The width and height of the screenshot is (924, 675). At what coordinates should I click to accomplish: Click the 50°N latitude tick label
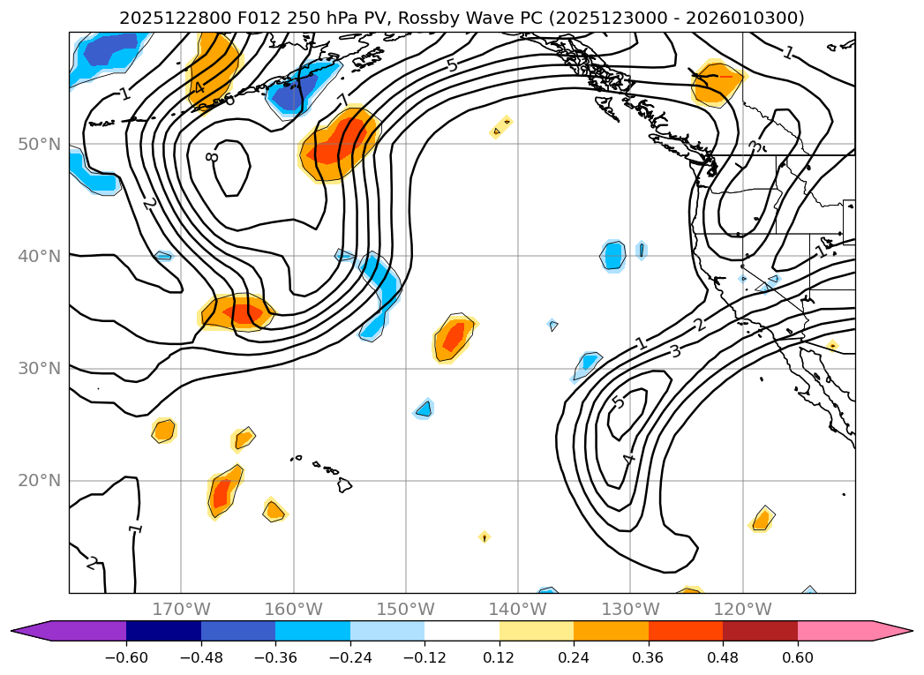pos(38,144)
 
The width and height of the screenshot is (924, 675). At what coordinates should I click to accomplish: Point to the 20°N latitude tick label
pos(38,481)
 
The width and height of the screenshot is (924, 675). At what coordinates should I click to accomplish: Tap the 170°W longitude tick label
pos(181,609)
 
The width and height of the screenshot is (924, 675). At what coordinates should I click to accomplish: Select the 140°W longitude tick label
pos(518,609)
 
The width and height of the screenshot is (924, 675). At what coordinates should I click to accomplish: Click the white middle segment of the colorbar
pos(462,631)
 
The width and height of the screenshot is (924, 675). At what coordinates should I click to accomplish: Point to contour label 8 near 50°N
pos(212,157)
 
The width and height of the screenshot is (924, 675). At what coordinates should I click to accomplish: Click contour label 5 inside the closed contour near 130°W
pos(618,402)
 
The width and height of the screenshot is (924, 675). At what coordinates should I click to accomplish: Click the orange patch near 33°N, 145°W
pos(454,336)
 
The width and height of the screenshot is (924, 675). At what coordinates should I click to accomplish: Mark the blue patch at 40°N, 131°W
pos(613,255)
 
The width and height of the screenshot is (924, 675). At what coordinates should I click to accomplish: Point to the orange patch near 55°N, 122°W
pos(717,83)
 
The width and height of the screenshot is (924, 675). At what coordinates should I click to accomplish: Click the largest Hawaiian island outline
pos(344,484)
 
